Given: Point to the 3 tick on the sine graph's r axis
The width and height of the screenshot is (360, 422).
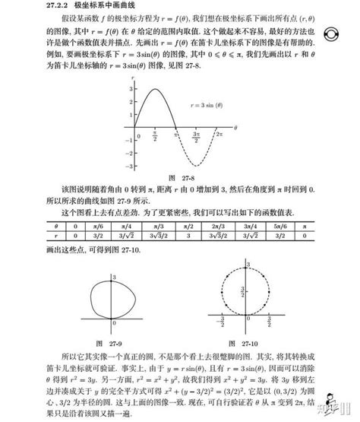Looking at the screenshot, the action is (130, 89).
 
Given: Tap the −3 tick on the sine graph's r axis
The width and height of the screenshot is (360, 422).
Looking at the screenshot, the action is (129, 164).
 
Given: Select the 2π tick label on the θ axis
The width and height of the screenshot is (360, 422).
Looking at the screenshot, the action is (217, 134).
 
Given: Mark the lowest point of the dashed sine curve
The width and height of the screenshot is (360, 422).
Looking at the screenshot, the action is (196, 164).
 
